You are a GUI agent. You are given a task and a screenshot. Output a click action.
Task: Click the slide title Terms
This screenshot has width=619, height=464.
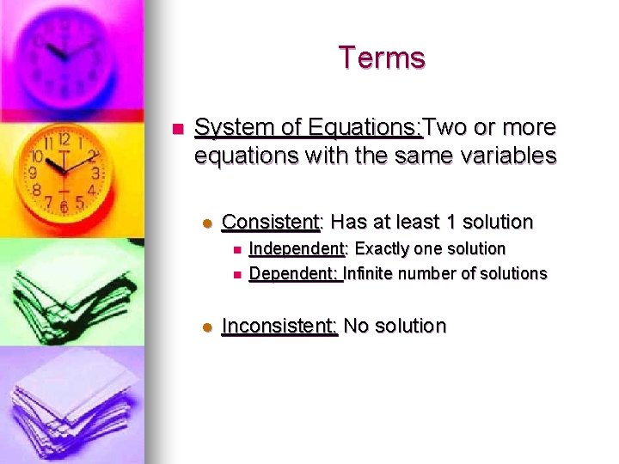381,58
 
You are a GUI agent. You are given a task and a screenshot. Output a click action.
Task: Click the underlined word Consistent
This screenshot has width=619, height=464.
270,222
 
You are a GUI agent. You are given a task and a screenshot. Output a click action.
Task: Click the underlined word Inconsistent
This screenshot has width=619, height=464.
279,327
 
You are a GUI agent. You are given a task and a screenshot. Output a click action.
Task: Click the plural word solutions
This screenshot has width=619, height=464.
514,273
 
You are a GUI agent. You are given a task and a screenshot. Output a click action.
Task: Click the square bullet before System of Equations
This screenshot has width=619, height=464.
178,129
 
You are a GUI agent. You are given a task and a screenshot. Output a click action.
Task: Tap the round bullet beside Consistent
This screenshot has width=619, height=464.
206,223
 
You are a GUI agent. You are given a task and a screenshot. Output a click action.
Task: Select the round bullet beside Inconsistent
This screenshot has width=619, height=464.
206,327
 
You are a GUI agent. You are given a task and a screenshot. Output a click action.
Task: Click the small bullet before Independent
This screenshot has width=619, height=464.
236,250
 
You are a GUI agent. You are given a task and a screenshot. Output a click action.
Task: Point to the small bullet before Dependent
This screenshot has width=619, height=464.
236,274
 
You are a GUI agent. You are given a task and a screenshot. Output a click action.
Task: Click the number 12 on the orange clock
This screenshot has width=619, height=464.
64,138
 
